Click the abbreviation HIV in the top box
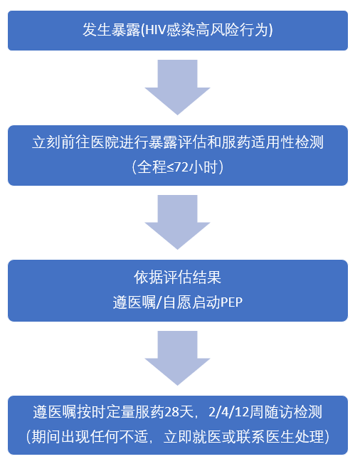point(155,30)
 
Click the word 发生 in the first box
point(97,30)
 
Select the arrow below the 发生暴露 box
point(177,88)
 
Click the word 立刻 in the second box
point(46,142)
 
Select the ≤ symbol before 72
point(171,168)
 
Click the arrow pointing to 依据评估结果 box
point(177,222)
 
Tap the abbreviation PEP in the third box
point(231,302)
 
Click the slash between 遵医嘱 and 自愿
point(159,302)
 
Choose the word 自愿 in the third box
point(177,302)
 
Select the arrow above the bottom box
point(177,358)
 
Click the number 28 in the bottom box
point(171,413)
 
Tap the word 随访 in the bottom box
point(277,413)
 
